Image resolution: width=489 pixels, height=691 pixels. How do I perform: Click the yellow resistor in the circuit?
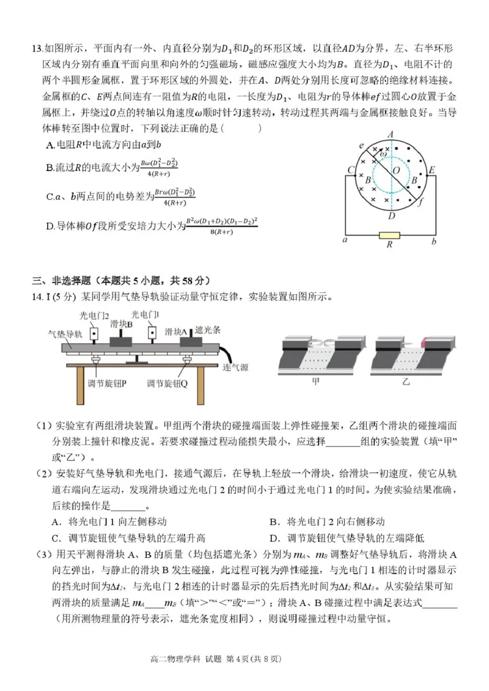(389, 235)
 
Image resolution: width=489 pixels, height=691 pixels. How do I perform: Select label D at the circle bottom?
(391, 215)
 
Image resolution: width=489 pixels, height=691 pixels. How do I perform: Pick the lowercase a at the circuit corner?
(346, 242)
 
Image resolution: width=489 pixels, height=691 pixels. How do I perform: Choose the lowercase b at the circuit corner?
(433, 242)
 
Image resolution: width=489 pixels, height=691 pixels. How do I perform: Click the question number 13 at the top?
(36, 48)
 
